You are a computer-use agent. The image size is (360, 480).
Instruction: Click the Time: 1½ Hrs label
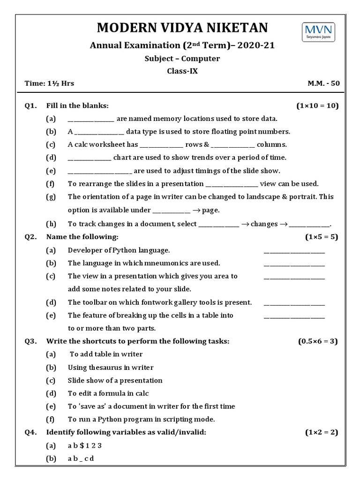click(x=49, y=84)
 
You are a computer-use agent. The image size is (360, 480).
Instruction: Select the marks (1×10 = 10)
click(x=317, y=105)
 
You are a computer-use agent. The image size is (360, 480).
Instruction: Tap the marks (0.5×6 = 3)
click(x=318, y=341)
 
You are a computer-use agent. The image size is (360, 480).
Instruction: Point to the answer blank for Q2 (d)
click(x=294, y=303)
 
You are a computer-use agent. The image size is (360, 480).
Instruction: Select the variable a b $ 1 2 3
click(x=85, y=445)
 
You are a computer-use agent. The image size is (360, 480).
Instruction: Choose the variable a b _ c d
click(x=81, y=458)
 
